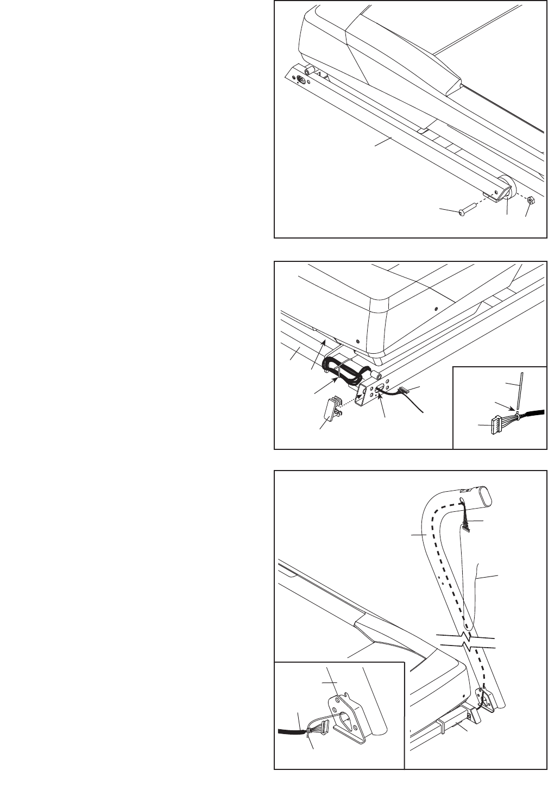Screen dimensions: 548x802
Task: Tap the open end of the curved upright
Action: coord(481,496)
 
